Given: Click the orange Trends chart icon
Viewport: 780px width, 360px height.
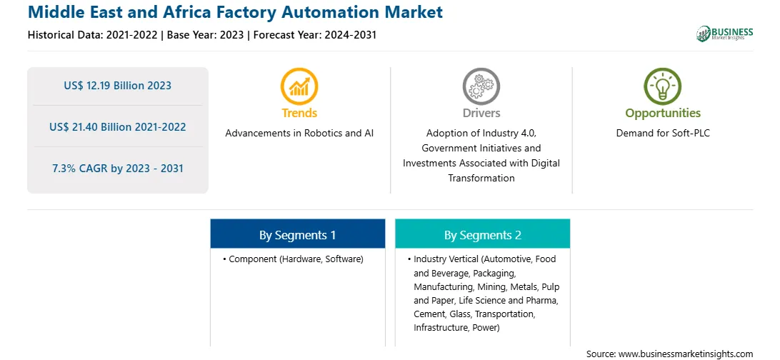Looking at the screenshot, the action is (299, 86).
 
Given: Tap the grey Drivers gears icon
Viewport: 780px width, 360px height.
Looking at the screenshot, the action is (481, 86).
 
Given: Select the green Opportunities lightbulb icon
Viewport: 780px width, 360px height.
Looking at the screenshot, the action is (663, 86).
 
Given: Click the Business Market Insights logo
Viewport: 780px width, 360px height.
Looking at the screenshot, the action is (725, 34).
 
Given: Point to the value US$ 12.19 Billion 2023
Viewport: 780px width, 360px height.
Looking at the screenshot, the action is (117, 86).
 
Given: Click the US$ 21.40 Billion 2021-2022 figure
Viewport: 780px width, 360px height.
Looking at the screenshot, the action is (117, 127).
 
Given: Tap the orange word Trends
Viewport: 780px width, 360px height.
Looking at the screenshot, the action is (299, 113).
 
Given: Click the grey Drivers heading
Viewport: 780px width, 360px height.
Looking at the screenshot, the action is (481, 113).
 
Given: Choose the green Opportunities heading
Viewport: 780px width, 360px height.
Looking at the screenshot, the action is (663, 113).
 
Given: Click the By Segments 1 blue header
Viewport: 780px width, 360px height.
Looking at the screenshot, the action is (297, 234).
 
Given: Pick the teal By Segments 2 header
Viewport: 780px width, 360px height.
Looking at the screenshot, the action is (483, 234).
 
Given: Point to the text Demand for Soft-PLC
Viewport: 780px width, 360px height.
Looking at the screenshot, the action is (663, 134).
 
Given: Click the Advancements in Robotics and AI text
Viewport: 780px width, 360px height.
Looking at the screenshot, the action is (299, 134).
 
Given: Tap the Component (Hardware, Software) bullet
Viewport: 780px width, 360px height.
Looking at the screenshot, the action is (293, 259).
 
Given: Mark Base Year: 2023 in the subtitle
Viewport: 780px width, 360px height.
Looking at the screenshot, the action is (206, 35).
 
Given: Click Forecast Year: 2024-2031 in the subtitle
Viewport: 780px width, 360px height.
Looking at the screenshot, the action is (314, 35).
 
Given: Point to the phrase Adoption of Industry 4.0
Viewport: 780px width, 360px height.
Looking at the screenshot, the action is (481, 134).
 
